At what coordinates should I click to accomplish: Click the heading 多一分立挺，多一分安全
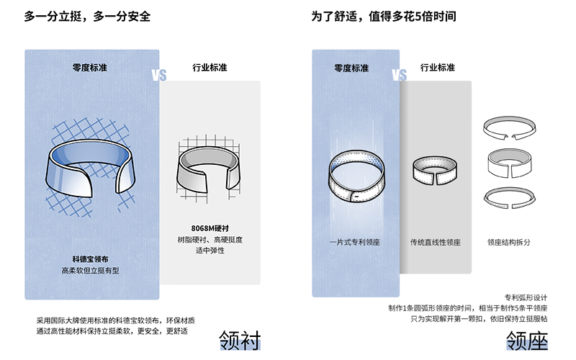click(x=87, y=17)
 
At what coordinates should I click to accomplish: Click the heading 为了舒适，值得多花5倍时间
click(x=384, y=17)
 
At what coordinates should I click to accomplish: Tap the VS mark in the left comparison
click(x=159, y=76)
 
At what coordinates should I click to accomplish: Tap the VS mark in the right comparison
click(x=400, y=76)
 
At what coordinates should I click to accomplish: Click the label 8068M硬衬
click(x=210, y=228)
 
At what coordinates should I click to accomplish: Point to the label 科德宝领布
click(x=91, y=259)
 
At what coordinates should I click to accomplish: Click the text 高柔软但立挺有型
click(x=91, y=271)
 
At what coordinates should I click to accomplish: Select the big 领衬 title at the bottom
click(x=240, y=340)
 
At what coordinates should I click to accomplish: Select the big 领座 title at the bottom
click(x=527, y=340)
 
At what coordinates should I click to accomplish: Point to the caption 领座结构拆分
click(x=509, y=243)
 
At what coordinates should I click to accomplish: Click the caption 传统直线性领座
click(x=436, y=243)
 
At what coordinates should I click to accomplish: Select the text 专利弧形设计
click(x=526, y=297)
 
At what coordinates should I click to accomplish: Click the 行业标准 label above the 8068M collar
click(x=210, y=68)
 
